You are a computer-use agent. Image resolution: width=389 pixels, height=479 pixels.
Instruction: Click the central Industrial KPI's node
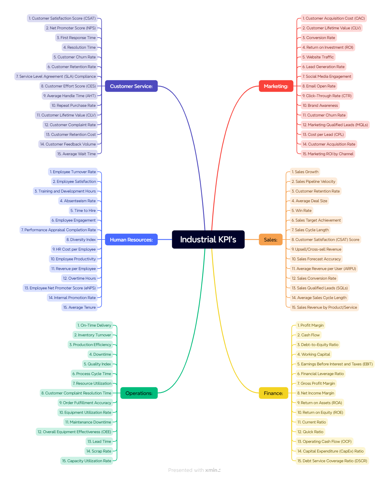tap(208, 240)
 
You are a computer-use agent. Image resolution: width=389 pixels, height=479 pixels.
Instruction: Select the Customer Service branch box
tap(131, 86)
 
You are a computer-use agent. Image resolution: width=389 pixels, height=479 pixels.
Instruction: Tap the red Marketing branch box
tap(276, 86)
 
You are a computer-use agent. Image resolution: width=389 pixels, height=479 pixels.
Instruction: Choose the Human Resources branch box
tap(131, 240)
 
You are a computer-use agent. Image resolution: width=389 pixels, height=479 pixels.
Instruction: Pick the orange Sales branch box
tap(270, 240)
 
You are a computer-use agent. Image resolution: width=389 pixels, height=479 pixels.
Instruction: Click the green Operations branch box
tap(139, 393)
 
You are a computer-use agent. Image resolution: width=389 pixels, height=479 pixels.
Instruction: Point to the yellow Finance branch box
tap(273, 393)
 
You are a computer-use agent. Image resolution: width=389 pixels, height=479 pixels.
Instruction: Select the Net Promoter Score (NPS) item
tap(71, 28)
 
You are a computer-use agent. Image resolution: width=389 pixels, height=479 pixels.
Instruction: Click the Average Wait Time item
tap(76, 154)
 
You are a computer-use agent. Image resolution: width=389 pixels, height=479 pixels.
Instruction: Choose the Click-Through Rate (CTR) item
tap(327, 96)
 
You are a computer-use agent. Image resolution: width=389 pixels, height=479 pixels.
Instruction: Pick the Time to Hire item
tap(83, 210)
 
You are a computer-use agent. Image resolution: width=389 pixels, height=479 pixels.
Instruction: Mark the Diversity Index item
tap(81, 240)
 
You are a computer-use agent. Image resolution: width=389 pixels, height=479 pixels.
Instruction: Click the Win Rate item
tap(302, 210)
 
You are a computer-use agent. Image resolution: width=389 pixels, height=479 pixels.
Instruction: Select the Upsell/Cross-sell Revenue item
tap(316, 249)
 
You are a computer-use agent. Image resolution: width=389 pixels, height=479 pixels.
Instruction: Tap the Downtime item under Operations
tap(100, 354)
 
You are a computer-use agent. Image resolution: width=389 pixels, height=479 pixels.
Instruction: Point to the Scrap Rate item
tap(99, 451)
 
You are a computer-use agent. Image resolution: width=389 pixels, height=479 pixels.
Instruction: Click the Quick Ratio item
tap(310, 432)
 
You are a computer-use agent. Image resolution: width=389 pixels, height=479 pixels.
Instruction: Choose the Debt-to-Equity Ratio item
tap(318, 345)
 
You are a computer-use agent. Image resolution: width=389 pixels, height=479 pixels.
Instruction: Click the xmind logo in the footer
tap(213, 470)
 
